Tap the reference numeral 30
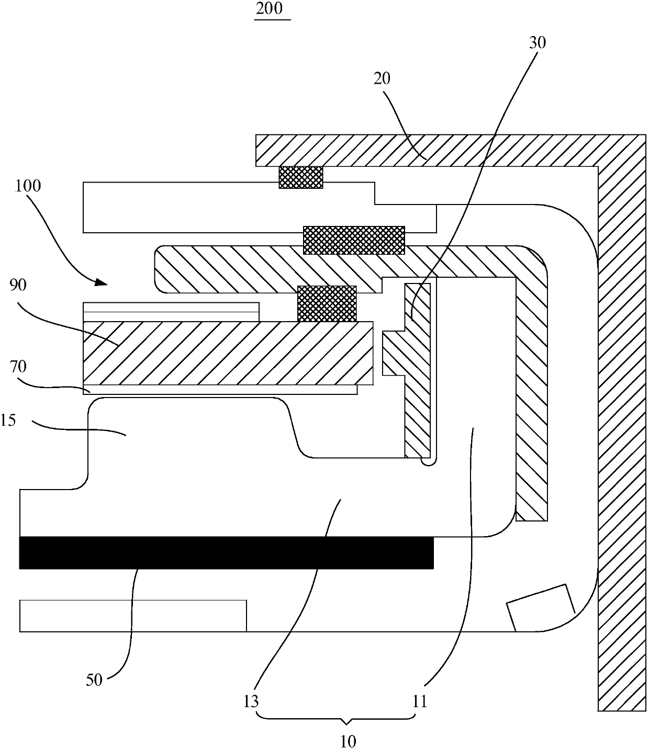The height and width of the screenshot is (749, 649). point(537,42)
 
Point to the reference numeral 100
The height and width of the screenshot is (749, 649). point(29,186)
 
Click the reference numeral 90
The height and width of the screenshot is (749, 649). point(18,285)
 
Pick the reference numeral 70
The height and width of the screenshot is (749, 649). point(18,367)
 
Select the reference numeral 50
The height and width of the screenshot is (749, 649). point(94,680)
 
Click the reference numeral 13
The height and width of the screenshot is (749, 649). point(251,701)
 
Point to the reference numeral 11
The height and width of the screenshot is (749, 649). point(420,701)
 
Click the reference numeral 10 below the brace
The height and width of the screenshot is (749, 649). point(348,740)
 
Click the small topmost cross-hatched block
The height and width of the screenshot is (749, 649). point(301,177)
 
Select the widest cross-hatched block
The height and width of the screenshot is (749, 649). point(354,240)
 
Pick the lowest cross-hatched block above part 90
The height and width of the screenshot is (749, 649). point(327,303)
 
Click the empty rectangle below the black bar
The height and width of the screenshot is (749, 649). point(133,616)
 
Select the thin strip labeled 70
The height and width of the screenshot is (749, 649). point(220,390)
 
